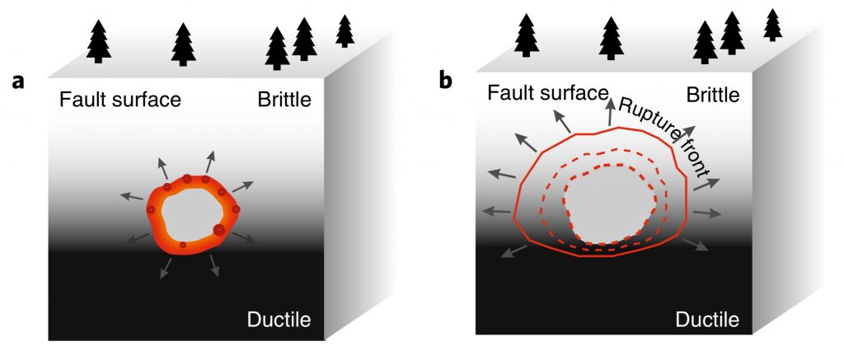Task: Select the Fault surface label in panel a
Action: tap(120, 101)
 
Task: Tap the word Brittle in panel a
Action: tap(282, 101)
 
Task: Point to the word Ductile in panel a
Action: tap(279, 320)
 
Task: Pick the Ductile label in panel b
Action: tap(706, 319)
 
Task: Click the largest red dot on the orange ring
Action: tap(219, 230)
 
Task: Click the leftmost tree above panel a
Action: tap(99, 41)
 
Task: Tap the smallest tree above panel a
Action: tap(345, 31)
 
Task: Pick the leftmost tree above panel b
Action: tap(527, 36)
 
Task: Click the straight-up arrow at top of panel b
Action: tap(612, 112)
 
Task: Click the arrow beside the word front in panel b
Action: tap(705, 183)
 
